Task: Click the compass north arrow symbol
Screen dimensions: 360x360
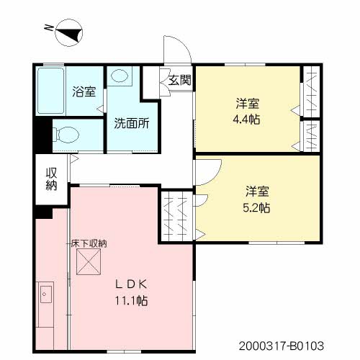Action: pyautogui.click(x=69, y=32)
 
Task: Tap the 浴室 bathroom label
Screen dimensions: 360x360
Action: pyautogui.click(x=84, y=91)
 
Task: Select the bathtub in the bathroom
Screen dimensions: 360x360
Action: pyautogui.click(x=51, y=91)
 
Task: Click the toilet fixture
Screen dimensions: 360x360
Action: pyautogui.click(x=66, y=135)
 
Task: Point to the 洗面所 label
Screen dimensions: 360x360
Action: pyautogui.click(x=132, y=123)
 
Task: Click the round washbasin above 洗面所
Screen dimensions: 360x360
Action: pyautogui.click(x=120, y=76)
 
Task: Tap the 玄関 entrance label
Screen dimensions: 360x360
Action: pyautogui.click(x=180, y=80)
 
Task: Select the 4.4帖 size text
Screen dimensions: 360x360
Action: pyautogui.click(x=246, y=119)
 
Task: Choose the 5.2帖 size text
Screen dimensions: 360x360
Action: pyautogui.click(x=256, y=207)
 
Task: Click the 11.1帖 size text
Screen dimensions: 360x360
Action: pyautogui.click(x=131, y=300)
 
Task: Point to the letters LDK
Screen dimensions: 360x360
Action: pyautogui.click(x=131, y=284)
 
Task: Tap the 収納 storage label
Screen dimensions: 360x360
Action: pyautogui.click(x=51, y=179)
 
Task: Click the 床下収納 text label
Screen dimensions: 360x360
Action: pyautogui.click(x=89, y=243)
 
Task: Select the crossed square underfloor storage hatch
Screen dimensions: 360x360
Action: pyautogui.click(x=89, y=261)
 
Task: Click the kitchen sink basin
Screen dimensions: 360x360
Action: pyautogui.click(x=46, y=294)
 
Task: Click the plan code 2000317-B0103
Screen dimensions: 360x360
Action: pyautogui.click(x=282, y=346)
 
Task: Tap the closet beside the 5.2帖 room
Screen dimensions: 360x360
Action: pyautogui.click(x=176, y=216)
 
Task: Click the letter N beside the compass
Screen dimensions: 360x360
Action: pyautogui.click(x=49, y=28)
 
